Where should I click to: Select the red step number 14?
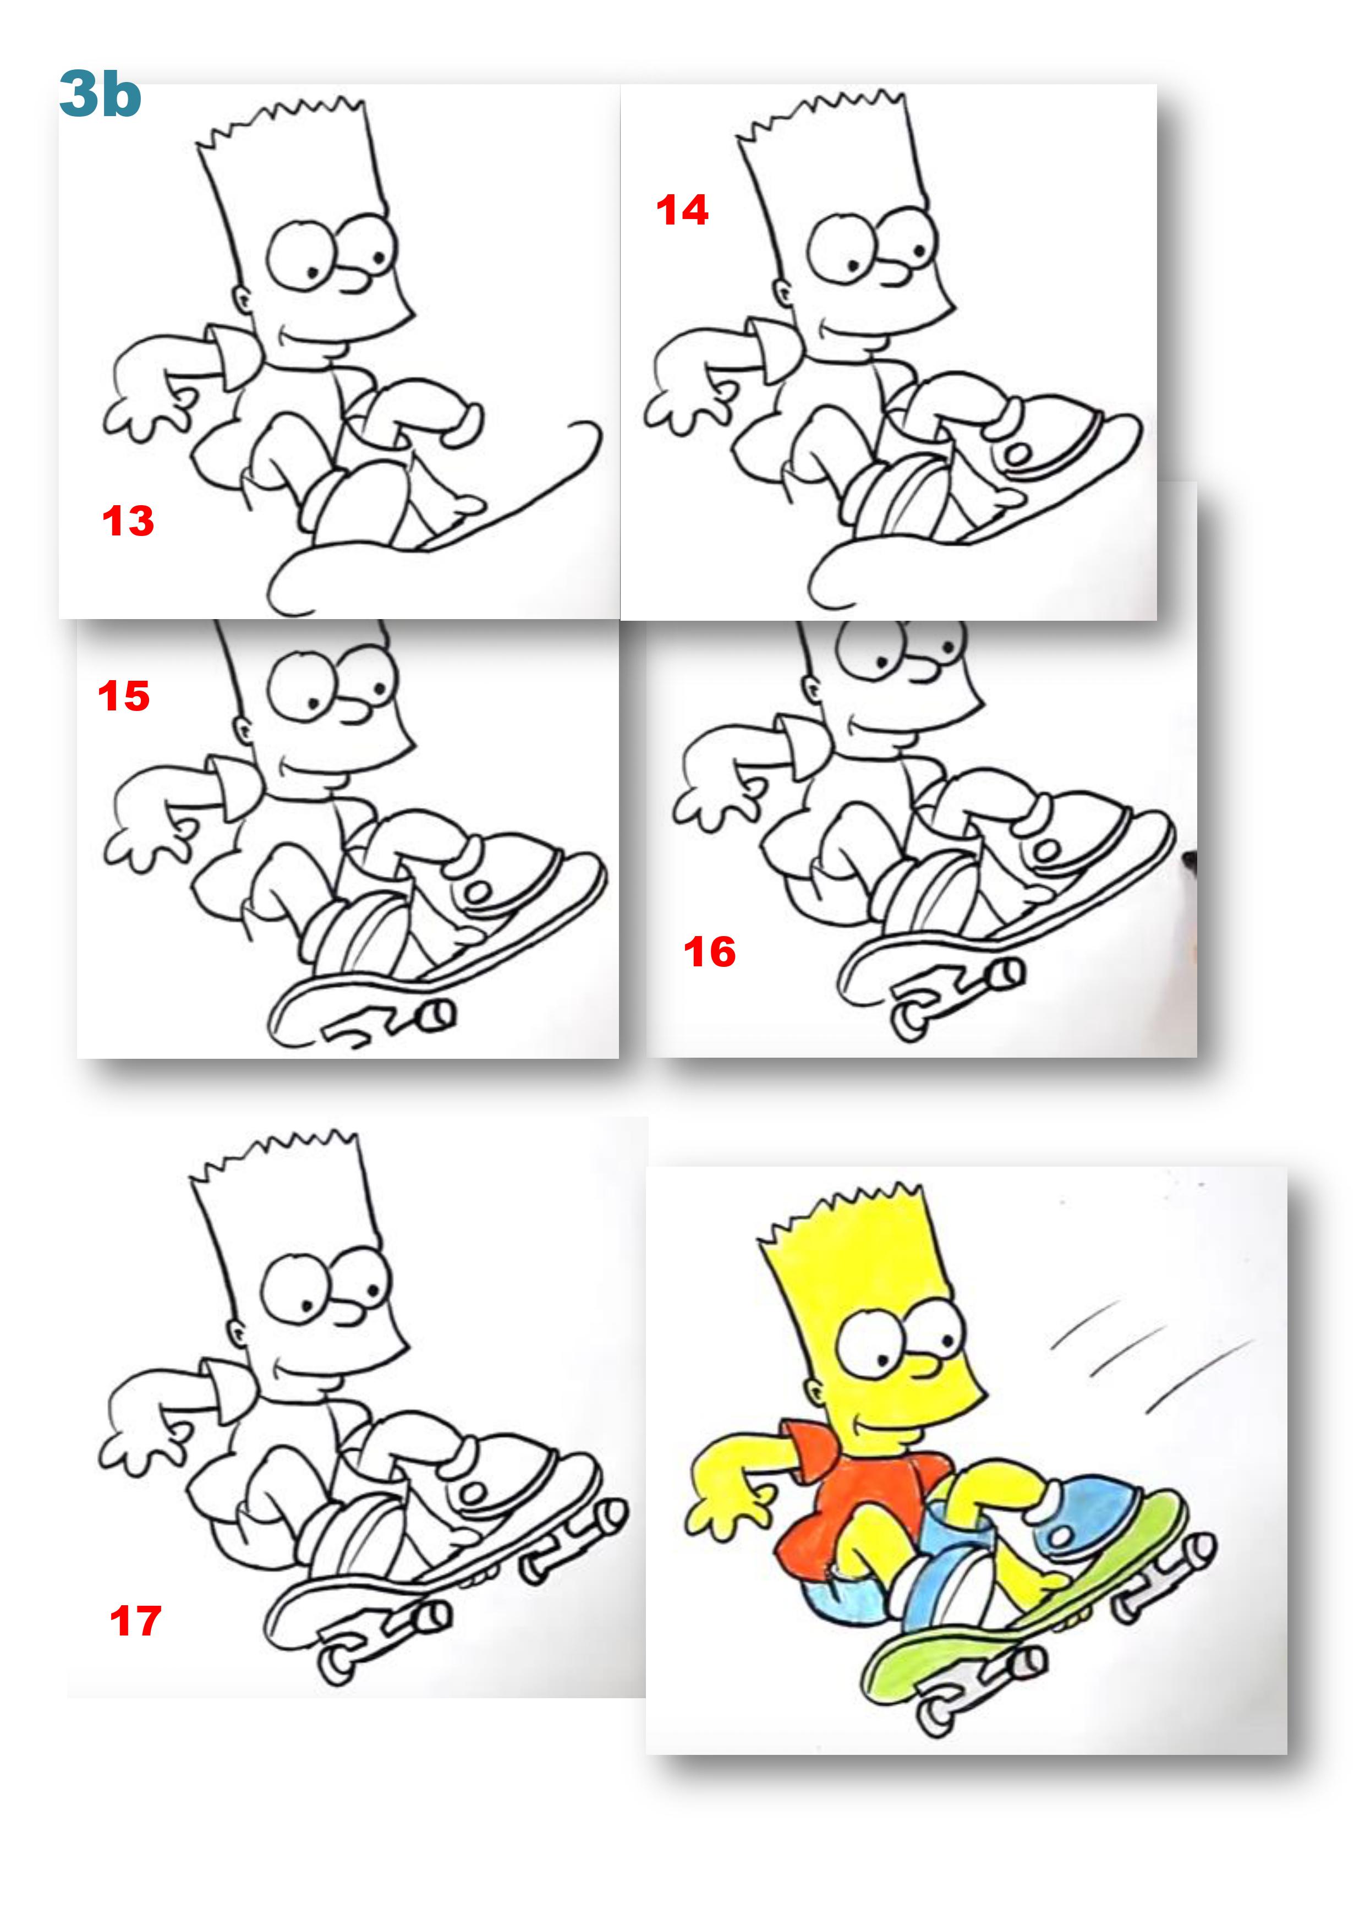682,210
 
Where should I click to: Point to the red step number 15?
124,696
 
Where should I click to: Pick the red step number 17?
135,1621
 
